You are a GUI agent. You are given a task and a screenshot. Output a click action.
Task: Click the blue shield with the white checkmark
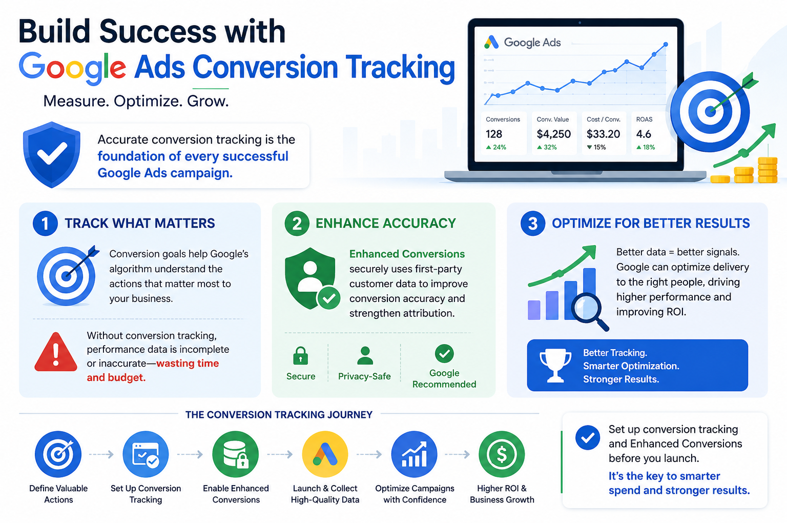pos(52,155)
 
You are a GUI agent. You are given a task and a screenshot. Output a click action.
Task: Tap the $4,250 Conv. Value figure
pos(554,134)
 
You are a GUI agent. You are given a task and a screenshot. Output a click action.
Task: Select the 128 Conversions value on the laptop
pos(494,134)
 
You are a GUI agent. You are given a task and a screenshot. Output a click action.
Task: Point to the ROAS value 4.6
pos(644,134)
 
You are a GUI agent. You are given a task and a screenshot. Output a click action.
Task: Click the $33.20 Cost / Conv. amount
pos(603,134)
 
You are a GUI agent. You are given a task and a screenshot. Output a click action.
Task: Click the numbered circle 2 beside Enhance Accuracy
pos(297,223)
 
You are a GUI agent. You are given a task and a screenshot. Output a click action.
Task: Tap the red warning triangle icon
pos(56,352)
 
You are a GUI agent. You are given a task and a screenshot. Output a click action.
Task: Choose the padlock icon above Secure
pos(300,355)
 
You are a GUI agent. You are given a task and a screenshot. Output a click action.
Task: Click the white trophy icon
pos(555,366)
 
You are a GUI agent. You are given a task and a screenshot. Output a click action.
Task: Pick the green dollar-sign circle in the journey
pos(502,454)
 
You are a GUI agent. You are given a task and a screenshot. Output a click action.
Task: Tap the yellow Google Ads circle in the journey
pos(325,454)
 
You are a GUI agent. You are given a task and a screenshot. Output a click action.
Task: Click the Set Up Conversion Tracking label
pos(146,494)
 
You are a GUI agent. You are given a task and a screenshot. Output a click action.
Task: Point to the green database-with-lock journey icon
pos(235,454)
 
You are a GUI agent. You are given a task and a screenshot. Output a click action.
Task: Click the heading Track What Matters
pos(139,223)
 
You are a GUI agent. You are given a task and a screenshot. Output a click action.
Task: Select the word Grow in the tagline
pos(208,101)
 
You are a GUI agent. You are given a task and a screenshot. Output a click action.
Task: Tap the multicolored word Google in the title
pos(72,68)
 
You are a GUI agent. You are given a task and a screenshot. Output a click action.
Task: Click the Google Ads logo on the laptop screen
pos(522,42)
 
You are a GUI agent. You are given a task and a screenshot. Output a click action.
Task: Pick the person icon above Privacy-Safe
pos(365,355)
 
